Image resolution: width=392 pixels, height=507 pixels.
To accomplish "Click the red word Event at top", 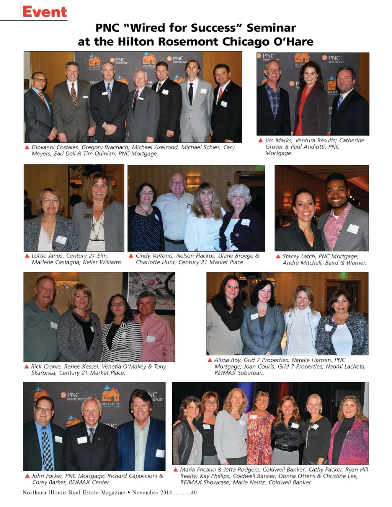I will [44, 12].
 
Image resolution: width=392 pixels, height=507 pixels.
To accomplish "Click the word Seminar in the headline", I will [271, 28].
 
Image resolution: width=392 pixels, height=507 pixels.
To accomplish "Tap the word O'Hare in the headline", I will [293, 41].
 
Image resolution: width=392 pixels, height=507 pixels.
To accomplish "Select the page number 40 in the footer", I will [194, 492].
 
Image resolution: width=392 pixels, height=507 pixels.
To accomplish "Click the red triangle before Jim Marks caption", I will [261, 140].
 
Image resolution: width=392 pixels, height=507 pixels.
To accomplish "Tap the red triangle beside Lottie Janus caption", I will [27, 256].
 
